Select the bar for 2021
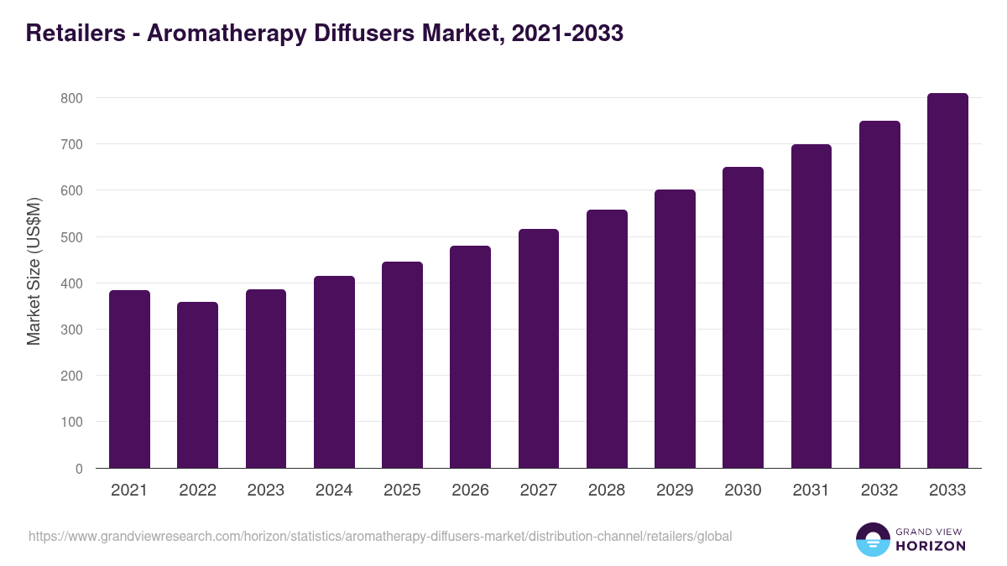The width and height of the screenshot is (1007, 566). [x=129, y=379]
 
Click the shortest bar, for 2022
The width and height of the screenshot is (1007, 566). [x=197, y=385]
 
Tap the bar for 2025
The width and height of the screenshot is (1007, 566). [x=402, y=365]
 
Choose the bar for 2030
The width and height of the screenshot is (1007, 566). [x=743, y=318]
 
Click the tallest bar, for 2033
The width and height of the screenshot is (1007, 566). [x=947, y=281]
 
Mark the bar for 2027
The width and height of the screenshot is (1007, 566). [x=538, y=349]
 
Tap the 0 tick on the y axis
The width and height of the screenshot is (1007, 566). [x=79, y=469]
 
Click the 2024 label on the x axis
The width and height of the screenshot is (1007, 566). [x=334, y=491]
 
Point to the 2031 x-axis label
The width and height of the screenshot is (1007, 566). [x=811, y=491]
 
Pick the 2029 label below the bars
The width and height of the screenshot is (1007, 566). [x=675, y=491]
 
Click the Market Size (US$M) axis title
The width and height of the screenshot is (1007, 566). [x=34, y=272]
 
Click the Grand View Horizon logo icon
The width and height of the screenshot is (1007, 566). [x=872, y=539]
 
